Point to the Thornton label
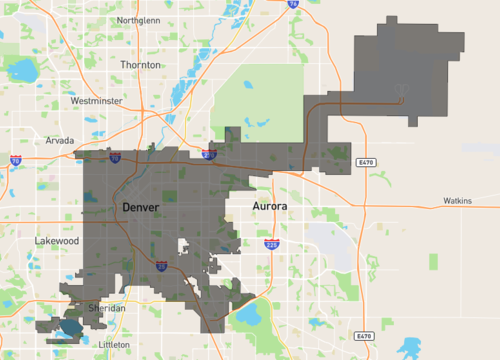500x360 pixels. point(140,64)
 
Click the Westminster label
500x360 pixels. point(97,101)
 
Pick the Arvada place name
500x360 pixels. point(60,141)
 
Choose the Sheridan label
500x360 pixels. point(106,309)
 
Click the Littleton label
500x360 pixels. point(115,343)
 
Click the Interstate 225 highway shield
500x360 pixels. point(271,244)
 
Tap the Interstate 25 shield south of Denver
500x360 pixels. point(161,266)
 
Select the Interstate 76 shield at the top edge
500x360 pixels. point(292,4)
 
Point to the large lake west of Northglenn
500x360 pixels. point(20,69)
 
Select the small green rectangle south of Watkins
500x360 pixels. point(434,262)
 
